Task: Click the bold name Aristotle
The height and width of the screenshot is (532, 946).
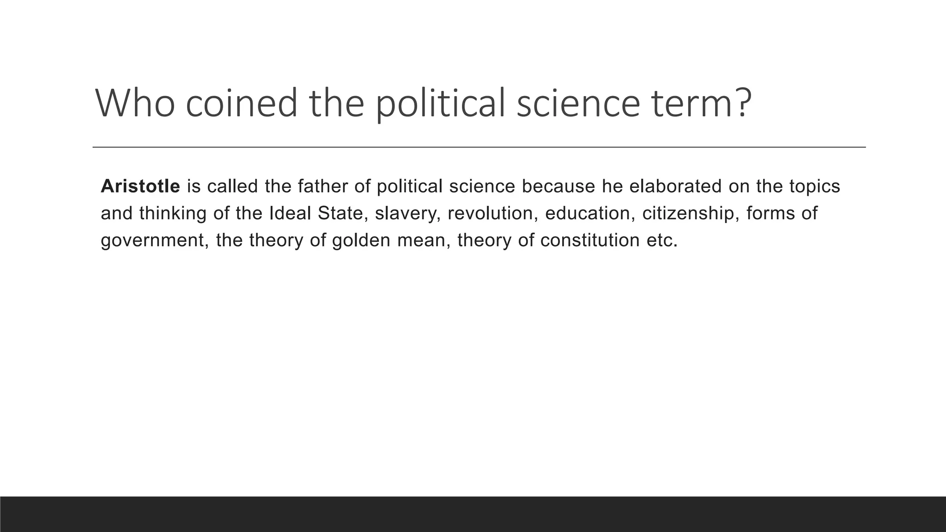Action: coord(140,186)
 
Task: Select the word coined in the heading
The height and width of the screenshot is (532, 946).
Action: coord(242,103)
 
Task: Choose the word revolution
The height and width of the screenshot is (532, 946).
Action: coord(490,213)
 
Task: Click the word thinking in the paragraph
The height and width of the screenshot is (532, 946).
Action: coord(173,213)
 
